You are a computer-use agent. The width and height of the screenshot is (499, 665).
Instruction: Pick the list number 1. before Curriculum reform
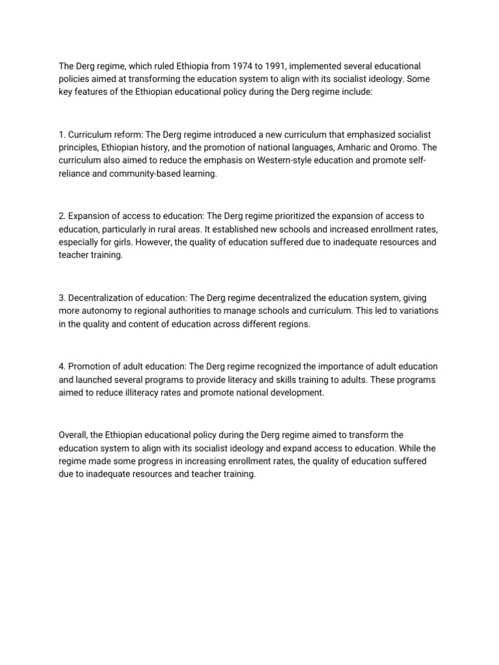tap(62, 133)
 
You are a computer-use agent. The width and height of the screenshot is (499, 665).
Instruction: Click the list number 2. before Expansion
tap(62, 214)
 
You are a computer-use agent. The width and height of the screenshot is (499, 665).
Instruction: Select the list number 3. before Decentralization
tap(62, 297)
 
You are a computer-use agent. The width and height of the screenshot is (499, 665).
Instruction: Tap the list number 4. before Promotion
tap(62, 366)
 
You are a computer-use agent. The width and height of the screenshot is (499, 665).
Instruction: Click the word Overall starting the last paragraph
tap(74, 434)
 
